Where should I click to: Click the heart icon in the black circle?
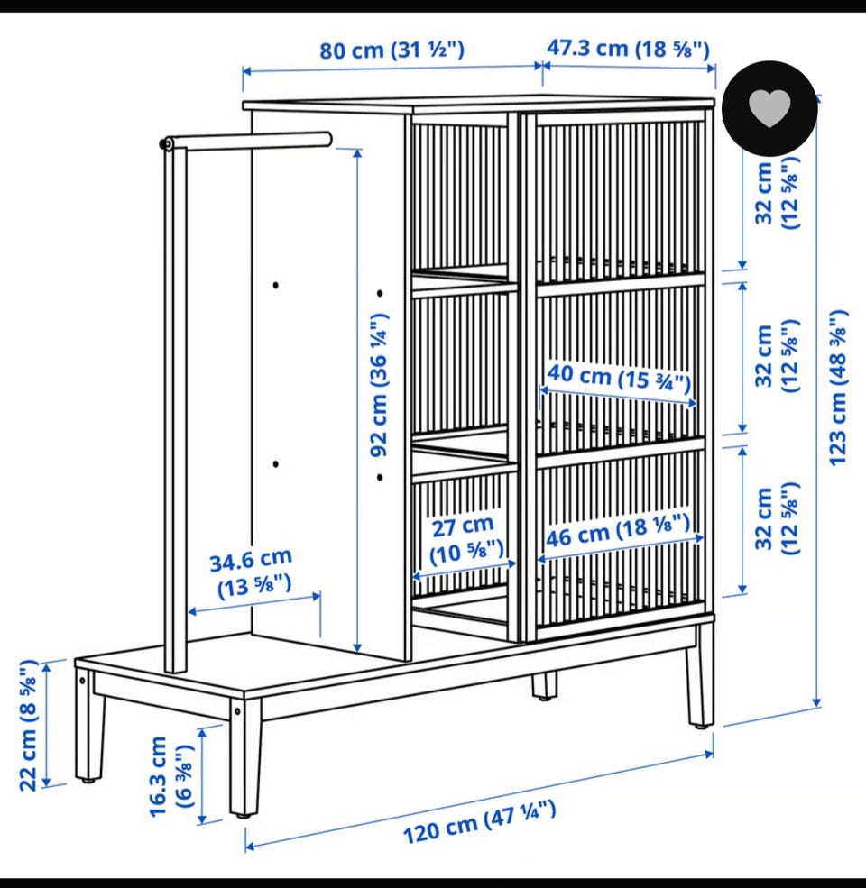click(769, 107)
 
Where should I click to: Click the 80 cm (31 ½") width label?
click(392, 50)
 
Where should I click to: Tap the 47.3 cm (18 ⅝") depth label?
click(628, 48)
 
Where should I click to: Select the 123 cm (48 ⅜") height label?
click(838, 388)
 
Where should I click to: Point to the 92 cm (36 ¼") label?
click(379, 385)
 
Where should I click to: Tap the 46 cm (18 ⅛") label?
click(618, 530)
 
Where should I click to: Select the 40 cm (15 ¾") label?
click(620, 377)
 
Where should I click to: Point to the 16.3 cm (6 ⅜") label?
click(170, 776)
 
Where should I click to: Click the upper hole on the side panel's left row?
click(275, 285)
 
